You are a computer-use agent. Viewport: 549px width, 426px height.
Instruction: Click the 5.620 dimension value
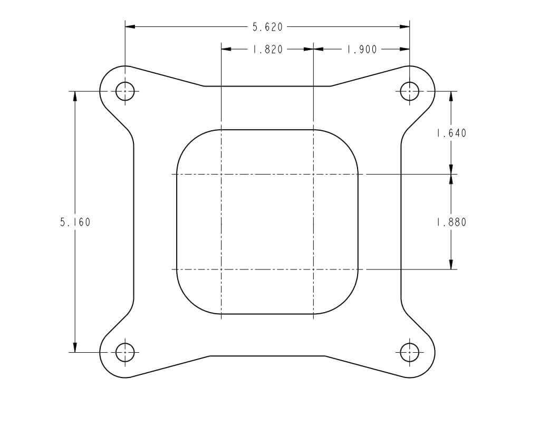[x=267, y=27]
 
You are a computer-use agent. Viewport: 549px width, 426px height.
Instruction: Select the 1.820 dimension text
[x=267, y=50]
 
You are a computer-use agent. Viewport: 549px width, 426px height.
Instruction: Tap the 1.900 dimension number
[x=361, y=50]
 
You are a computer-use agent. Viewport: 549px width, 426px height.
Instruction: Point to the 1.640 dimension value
[x=451, y=133]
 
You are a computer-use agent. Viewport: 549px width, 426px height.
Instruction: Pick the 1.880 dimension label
[x=451, y=222]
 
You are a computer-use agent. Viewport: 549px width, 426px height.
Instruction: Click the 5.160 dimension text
[x=75, y=222]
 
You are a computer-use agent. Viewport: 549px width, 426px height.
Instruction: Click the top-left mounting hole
[x=125, y=91]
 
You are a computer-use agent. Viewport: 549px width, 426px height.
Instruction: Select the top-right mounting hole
[x=409, y=91]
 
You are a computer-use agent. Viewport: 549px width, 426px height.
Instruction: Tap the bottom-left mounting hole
[x=125, y=352]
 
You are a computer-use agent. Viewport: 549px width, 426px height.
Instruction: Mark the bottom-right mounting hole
[x=409, y=352]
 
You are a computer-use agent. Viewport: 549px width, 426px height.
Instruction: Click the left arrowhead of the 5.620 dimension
[x=130, y=26]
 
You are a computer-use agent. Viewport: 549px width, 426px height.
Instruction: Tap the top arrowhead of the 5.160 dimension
[x=75, y=96]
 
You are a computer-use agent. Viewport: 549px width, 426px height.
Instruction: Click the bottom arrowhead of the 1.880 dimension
[x=451, y=264]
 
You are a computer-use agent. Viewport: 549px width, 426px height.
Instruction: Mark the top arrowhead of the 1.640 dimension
[x=451, y=96]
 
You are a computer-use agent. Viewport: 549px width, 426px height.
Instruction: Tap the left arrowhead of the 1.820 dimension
[x=226, y=49]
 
